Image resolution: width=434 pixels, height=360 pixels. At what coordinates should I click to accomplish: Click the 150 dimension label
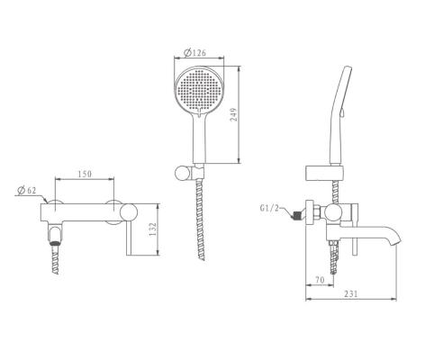85,174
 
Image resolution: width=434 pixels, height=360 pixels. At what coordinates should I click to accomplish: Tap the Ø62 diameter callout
27,190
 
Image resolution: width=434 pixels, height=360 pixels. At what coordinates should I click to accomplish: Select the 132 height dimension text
153,229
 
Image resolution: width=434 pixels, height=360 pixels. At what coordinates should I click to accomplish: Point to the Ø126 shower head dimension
195,53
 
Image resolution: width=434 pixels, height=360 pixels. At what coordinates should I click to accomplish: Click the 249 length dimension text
233,114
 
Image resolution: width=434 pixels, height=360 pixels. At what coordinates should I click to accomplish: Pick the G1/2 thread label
269,208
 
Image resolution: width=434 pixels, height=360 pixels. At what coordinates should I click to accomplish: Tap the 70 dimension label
320,280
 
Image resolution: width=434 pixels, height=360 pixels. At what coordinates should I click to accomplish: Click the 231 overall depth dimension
351,293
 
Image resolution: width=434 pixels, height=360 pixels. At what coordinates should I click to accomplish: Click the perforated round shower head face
199,89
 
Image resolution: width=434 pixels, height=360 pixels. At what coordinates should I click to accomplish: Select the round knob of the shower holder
182,174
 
